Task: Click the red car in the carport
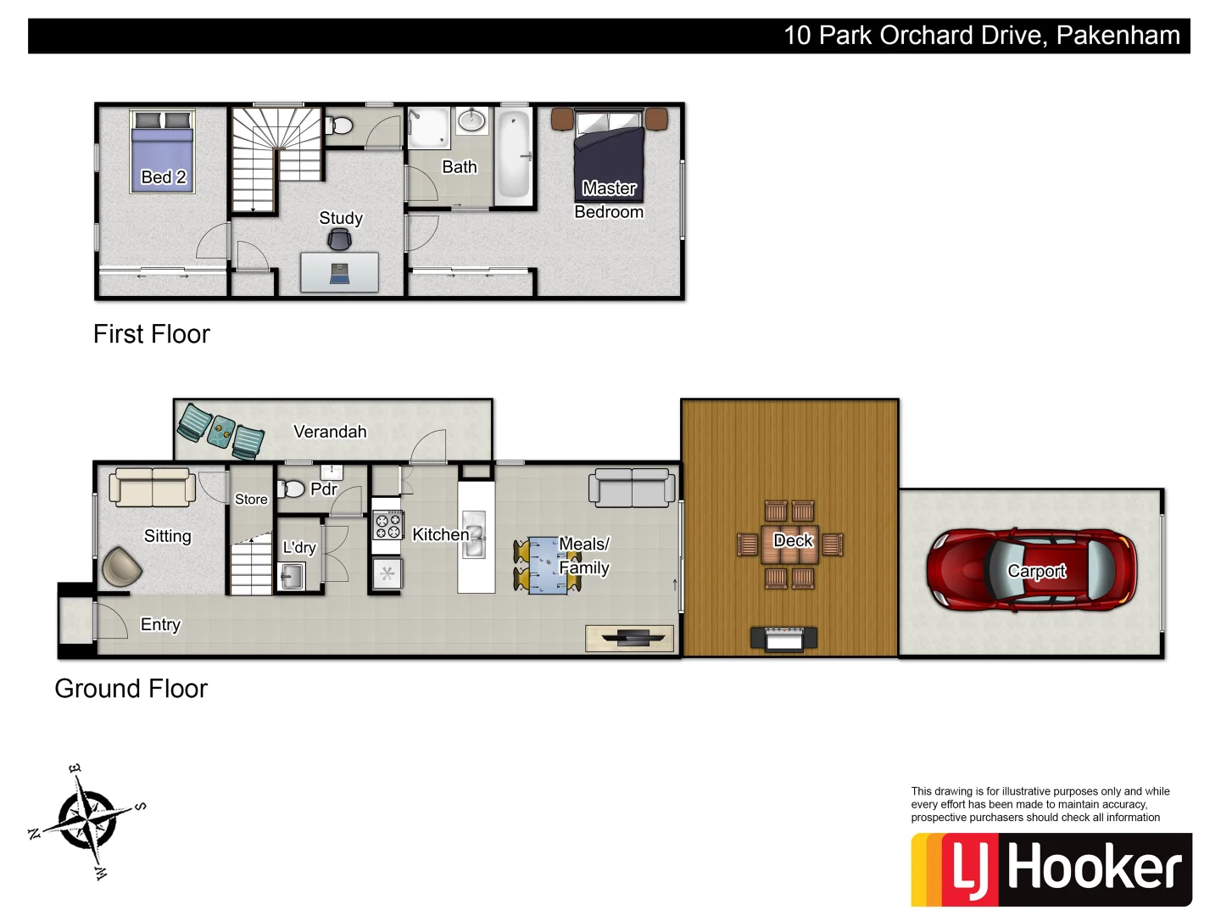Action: (1031, 570)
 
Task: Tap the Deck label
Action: (793, 540)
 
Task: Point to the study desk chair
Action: (339, 241)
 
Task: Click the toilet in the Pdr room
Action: (293, 489)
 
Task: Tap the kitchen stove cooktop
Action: (387, 526)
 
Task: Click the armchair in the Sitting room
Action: (121, 567)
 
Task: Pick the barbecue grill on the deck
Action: (783, 639)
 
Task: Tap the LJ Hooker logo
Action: (1051, 869)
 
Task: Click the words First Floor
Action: (152, 334)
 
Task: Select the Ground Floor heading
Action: (131, 689)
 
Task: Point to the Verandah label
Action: (330, 432)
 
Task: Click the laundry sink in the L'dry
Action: (291, 577)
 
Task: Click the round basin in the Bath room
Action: (471, 120)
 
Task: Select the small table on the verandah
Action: (222, 431)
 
